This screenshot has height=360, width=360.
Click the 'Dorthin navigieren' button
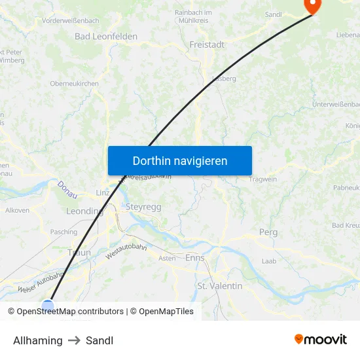180,160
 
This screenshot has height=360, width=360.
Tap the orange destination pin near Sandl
312,6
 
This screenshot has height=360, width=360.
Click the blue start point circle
48,304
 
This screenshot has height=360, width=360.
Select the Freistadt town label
206,45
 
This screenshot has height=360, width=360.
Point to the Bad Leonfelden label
106,37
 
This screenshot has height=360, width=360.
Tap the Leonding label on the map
84,211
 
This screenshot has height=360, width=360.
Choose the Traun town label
79,252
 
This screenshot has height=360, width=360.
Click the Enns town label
195,258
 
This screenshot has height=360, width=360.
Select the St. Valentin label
220,286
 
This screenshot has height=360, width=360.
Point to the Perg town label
268,232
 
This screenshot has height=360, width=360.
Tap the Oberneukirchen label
75,84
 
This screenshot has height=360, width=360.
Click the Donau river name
67,190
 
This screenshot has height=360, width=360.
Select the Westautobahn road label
124,252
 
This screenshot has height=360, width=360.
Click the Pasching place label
63,232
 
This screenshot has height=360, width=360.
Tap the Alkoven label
17,210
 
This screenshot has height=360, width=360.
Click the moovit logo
321,340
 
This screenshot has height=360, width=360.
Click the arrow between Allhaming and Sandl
74,340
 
